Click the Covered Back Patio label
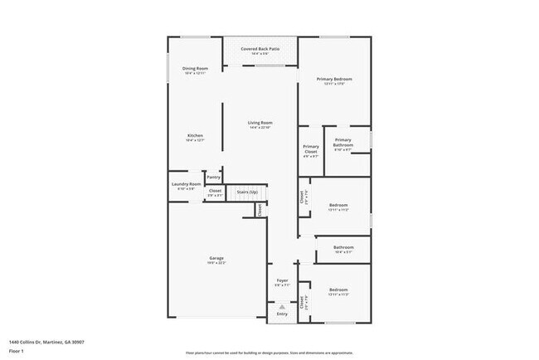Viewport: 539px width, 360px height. (260, 49)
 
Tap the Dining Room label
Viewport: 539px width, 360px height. (196, 68)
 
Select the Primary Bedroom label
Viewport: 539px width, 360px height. (334, 79)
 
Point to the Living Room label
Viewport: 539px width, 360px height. (260, 123)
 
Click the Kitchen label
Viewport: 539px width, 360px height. (196, 135)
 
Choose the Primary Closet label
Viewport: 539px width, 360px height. (311, 149)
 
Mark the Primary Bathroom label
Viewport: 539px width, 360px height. (343, 142)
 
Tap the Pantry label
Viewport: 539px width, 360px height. (213, 177)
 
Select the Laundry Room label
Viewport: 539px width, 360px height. (187, 184)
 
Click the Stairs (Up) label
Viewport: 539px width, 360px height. (247, 192)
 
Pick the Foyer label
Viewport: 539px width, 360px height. (282, 280)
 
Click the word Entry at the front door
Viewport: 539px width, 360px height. (282, 314)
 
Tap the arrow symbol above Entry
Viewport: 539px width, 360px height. (282, 306)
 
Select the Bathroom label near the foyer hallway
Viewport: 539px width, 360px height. (343, 246)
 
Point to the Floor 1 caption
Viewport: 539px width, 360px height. (16, 351)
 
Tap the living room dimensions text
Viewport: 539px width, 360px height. (260, 128)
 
